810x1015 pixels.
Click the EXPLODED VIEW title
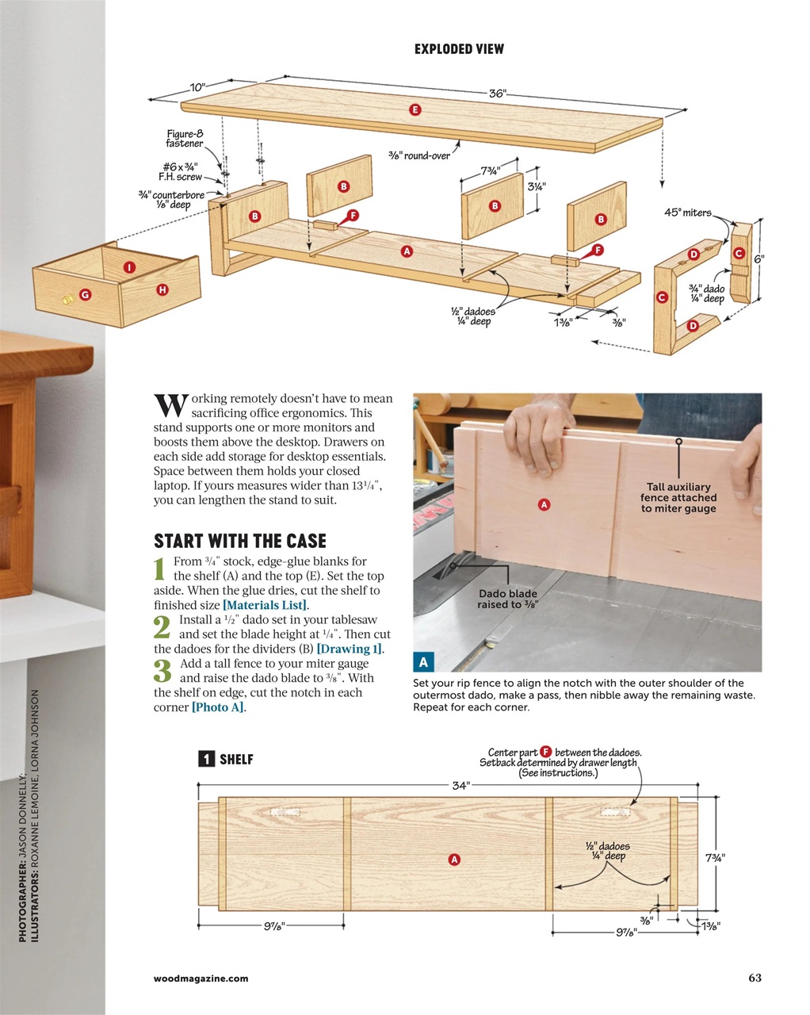point(459,49)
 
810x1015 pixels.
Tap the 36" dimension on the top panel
point(497,94)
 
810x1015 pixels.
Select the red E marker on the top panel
point(415,109)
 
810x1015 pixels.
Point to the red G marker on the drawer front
point(85,294)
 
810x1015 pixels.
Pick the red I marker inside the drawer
point(129,268)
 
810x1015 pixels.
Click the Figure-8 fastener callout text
point(184,139)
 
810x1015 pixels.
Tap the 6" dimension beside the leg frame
point(758,259)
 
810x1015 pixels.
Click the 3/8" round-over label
point(418,155)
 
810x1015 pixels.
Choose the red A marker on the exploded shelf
point(407,251)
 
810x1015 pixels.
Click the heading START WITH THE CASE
point(239,542)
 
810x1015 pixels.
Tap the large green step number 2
point(162,627)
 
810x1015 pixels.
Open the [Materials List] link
point(265,605)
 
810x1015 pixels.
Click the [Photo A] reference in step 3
point(217,707)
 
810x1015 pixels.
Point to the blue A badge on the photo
point(423,662)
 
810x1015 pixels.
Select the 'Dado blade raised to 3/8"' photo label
point(507,599)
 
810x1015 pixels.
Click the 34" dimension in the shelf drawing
point(460,786)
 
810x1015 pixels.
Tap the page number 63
point(755,978)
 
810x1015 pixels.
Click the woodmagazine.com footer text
point(201,979)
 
